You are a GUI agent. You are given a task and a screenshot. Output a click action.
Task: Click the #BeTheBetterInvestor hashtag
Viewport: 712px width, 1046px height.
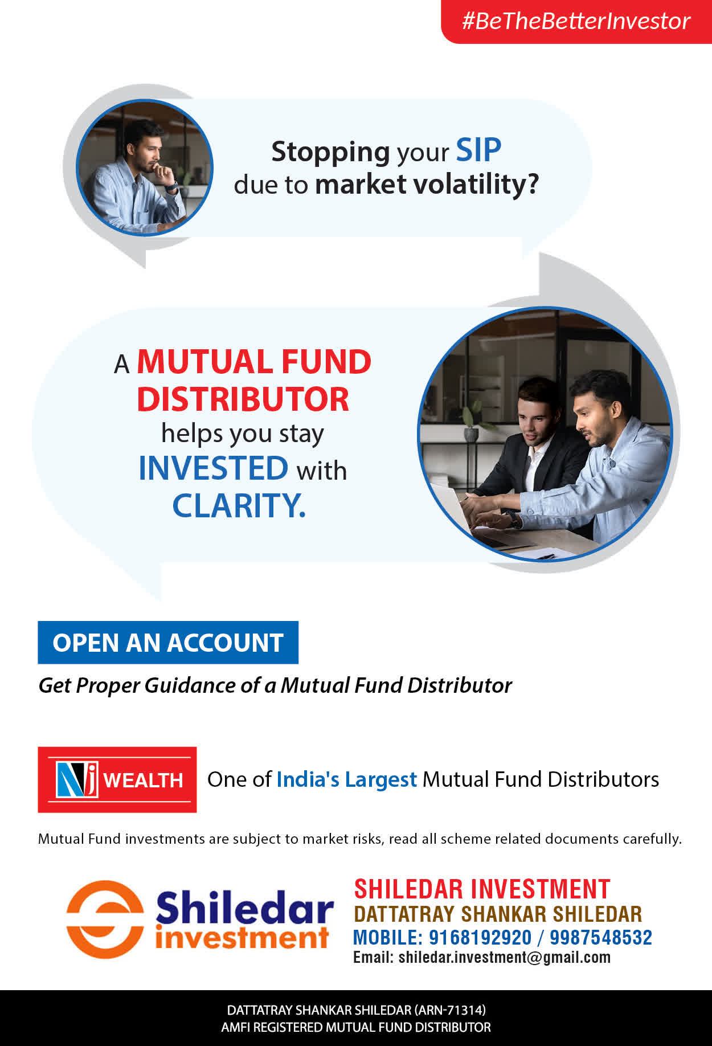(x=576, y=21)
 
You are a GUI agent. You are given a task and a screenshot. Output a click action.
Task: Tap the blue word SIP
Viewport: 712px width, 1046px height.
(x=478, y=150)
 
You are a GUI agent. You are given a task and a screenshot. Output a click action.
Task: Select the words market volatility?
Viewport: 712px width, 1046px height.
(x=427, y=185)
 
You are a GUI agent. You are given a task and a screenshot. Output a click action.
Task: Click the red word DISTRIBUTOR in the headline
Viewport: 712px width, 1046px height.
(x=243, y=399)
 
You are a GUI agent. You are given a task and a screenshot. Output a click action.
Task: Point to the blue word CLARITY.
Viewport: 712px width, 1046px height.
(x=239, y=505)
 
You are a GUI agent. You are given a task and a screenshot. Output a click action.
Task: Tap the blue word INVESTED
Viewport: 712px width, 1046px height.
(x=214, y=468)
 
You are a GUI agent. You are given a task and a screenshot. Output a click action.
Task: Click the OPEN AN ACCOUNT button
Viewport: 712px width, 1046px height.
(x=168, y=643)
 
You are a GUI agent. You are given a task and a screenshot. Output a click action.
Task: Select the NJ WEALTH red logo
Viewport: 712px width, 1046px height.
(x=117, y=779)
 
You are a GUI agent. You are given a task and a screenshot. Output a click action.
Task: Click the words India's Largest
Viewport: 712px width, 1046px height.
(x=346, y=779)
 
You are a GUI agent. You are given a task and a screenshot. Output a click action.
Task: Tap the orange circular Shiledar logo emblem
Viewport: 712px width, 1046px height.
(x=105, y=919)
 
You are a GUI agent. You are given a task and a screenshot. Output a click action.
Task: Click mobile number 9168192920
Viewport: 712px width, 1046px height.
(x=480, y=937)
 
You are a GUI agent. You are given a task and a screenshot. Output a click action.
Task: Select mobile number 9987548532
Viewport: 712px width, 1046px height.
(x=601, y=937)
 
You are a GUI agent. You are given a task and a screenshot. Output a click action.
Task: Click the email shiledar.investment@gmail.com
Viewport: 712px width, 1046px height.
(x=505, y=957)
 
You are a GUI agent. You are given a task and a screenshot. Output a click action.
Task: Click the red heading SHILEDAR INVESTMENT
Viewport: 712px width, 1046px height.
(x=482, y=889)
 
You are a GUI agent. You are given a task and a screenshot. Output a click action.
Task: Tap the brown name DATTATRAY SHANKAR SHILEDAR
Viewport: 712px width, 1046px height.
(x=497, y=914)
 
